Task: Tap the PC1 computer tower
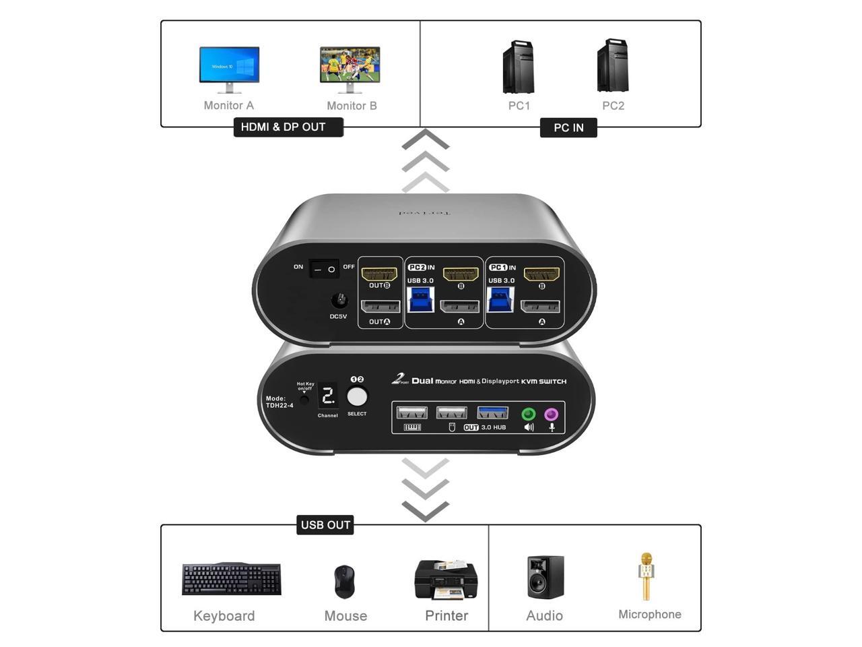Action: pos(519,67)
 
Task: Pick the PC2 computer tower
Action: pos(613,66)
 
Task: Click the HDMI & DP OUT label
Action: pos(288,127)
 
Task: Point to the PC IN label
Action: pos(568,127)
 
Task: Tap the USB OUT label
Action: pos(325,525)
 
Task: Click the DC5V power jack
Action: pos(339,301)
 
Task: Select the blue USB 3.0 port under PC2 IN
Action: pos(421,300)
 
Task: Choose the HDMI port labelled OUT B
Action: pos(379,274)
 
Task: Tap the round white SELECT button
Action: pos(357,396)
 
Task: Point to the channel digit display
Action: pos(328,396)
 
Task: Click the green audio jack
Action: pos(529,414)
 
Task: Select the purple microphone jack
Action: pos(552,414)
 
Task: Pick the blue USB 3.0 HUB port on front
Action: pos(492,412)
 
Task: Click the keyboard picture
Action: pos(232,579)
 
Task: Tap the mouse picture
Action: pos(344,582)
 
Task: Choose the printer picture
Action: pos(446,579)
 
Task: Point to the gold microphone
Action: pos(646,576)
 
